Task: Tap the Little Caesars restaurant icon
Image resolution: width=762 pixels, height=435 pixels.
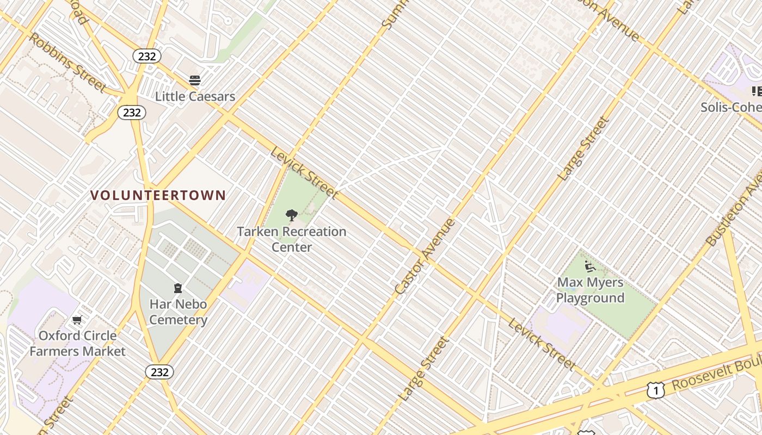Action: (195, 80)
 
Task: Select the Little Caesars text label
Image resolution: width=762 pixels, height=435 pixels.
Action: (195, 97)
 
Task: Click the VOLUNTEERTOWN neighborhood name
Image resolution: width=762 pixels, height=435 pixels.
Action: (158, 195)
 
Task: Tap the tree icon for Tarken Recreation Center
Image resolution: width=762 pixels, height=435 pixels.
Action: (292, 215)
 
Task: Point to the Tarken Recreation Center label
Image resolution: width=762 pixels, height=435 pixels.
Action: (292, 239)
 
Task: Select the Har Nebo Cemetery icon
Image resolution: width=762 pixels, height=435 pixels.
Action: (177, 288)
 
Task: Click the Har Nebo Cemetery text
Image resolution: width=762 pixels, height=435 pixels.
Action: (178, 312)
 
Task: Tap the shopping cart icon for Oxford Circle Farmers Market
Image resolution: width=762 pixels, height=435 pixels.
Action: (77, 320)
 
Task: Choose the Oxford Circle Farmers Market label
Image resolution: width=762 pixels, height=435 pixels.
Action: (77, 343)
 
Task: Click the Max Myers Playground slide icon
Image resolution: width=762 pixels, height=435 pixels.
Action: (589, 266)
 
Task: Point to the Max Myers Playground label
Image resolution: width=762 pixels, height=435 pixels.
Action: (590, 290)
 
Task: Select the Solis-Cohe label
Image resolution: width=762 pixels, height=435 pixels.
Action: (731, 107)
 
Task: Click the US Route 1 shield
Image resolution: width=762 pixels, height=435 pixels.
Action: (656, 390)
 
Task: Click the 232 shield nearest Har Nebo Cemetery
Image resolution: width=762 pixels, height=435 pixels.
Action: (159, 372)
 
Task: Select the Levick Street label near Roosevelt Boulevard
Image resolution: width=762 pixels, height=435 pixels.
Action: (542, 344)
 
